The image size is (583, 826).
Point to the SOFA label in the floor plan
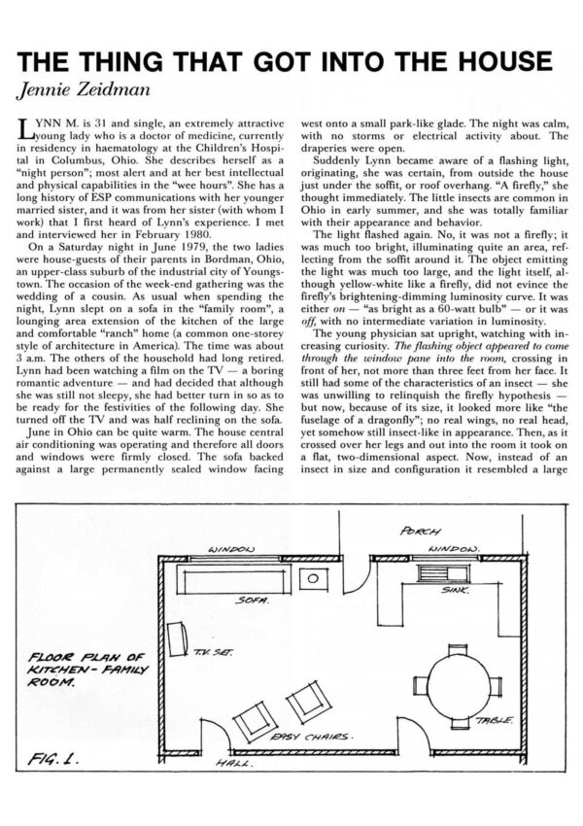(250, 602)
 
